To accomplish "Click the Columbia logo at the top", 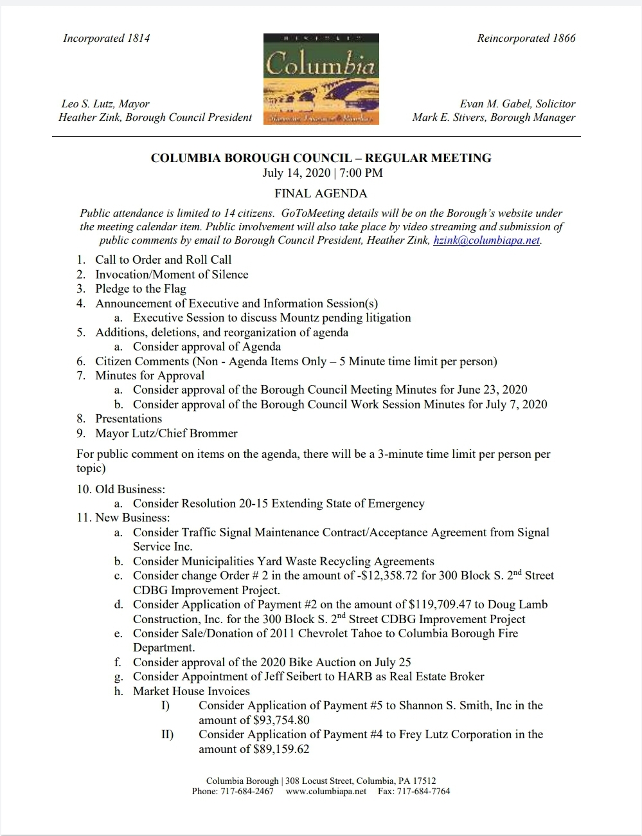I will tap(321, 78).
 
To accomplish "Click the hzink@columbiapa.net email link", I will tap(486, 241).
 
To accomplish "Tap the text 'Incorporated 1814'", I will tap(106, 38).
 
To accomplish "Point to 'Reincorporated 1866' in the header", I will tap(526, 38).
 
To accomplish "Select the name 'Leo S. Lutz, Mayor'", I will tap(105, 104).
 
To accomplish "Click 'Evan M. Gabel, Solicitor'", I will tap(517, 104).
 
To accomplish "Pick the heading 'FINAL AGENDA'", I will tap(321, 193).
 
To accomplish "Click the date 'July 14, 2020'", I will tap(296, 172).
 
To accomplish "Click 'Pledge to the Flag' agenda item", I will tap(141, 289).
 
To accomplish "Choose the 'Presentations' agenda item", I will tap(129, 419).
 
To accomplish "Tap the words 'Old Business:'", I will tap(130, 489).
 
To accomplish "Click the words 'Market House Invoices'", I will tap(191, 691).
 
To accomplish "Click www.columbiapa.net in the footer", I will tap(326, 791).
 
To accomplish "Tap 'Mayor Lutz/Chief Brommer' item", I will tap(166, 433).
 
